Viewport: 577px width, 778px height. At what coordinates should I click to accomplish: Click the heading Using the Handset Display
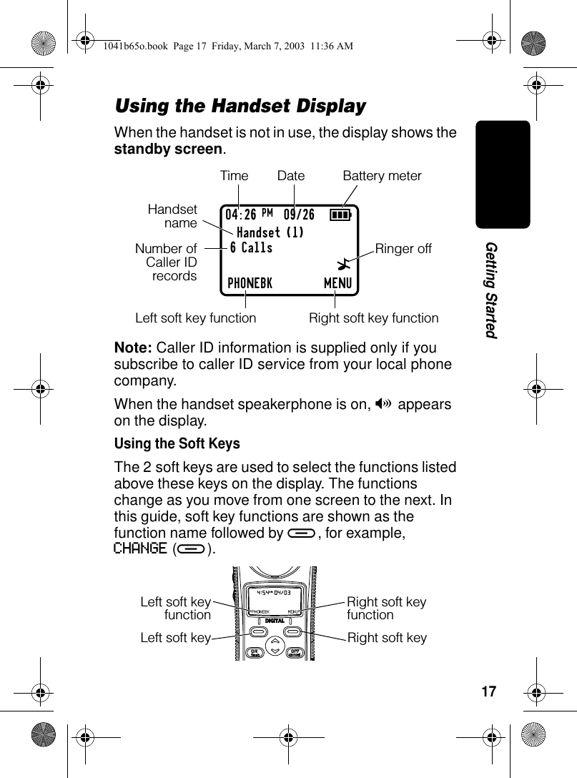point(240,107)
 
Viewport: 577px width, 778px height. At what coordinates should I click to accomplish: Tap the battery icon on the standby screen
point(340,215)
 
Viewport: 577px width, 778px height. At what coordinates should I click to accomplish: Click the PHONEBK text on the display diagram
point(250,283)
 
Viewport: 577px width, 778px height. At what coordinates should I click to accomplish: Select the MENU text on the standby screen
point(337,283)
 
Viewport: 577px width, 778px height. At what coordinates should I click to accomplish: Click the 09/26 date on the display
point(299,215)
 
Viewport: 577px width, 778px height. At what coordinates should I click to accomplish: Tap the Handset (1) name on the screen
point(270,232)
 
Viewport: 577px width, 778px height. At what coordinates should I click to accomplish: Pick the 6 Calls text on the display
point(251,248)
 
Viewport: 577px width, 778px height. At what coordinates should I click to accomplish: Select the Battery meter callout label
point(383,176)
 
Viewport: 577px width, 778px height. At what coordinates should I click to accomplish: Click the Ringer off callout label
point(404,249)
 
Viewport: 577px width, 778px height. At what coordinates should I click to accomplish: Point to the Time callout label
point(234,176)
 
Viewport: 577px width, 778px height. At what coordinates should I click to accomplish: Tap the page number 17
point(489,692)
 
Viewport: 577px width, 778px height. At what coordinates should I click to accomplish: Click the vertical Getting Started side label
point(491,290)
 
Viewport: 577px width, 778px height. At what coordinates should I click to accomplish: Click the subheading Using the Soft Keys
point(177,443)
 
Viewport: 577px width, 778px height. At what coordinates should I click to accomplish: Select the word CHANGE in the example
point(139,549)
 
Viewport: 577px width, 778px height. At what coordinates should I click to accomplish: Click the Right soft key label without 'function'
point(387,637)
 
